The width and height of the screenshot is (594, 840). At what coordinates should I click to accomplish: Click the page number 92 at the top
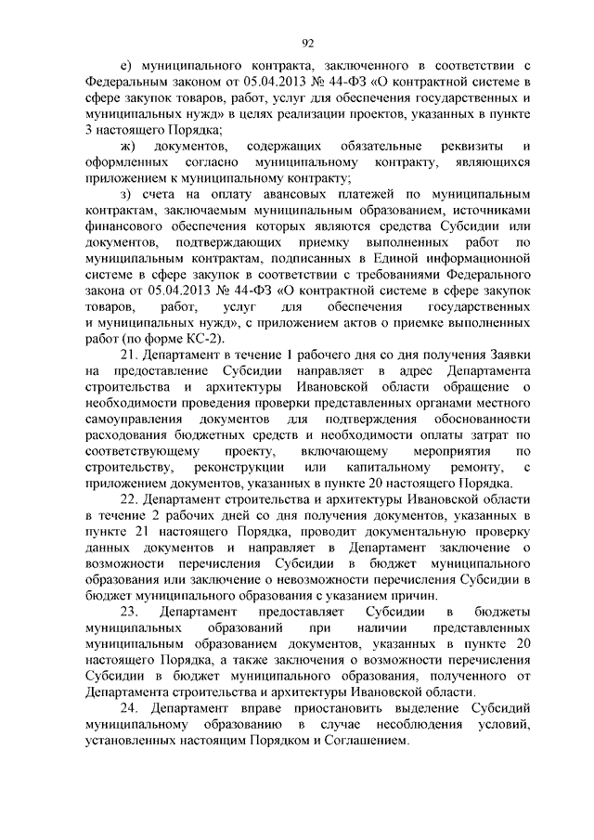(309, 42)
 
